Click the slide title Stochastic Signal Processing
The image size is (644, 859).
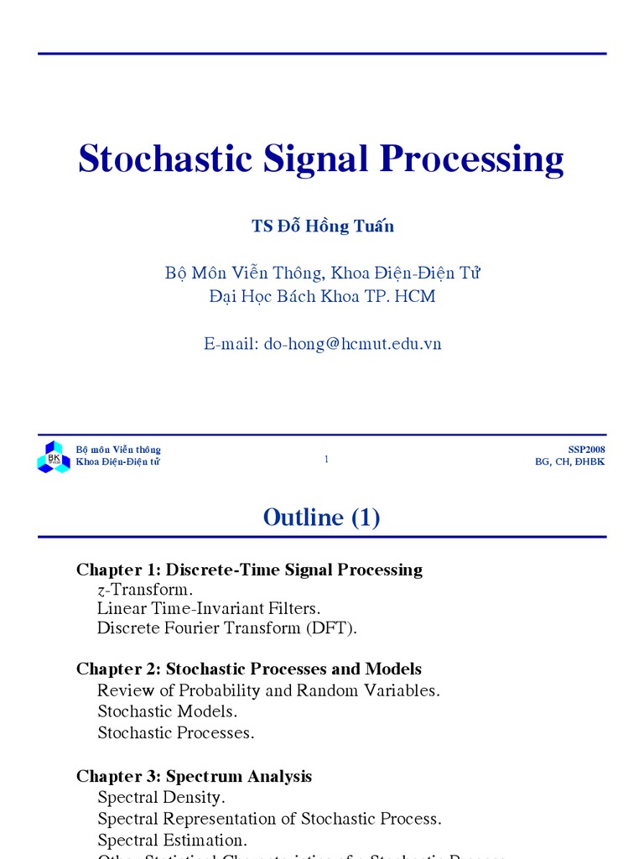pos(321,159)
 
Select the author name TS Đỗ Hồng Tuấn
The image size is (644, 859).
pos(323,226)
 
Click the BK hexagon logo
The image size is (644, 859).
pos(54,457)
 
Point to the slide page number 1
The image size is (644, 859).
pos(326,459)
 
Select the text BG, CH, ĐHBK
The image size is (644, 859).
pos(570,462)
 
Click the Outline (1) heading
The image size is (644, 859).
pos(321,518)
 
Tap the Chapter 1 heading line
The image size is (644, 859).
pos(249,570)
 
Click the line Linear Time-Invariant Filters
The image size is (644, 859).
pos(209,608)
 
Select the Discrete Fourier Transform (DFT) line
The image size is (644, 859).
pos(227,627)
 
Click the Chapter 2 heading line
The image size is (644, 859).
pos(249,669)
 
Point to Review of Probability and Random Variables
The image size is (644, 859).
pos(268,690)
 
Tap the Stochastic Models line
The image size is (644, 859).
pos(168,711)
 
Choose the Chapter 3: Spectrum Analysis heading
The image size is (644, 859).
pos(194,777)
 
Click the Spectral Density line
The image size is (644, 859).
pos(161,797)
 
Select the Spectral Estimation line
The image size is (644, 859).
pos(172,840)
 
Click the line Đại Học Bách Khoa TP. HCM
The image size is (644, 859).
pos(322,296)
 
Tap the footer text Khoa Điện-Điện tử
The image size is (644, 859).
pos(118,462)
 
